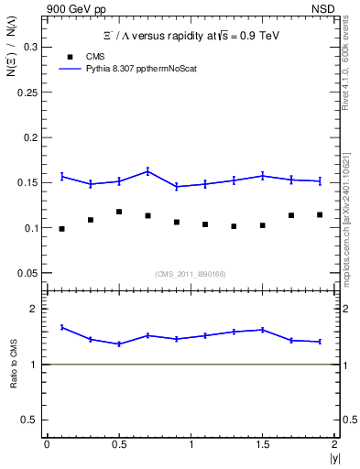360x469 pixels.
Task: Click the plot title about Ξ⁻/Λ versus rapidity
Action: tap(191, 35)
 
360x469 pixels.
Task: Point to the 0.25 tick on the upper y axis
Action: tap(27, 93)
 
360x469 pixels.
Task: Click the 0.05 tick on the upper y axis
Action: tap(27, 273)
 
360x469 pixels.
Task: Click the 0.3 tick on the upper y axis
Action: tap(29, 48)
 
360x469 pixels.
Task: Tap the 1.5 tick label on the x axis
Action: tap(262, 443)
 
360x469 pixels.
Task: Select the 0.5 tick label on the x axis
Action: tap(118, 443)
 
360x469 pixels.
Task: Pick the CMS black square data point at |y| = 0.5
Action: tap(119, 212)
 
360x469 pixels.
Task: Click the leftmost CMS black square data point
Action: tap(61, 229)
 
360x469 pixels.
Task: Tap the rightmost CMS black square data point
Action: tap(320, 215)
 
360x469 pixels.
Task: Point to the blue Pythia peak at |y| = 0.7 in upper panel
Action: tap(147, 170)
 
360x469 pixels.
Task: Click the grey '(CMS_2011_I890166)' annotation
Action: tap(191, 273)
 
